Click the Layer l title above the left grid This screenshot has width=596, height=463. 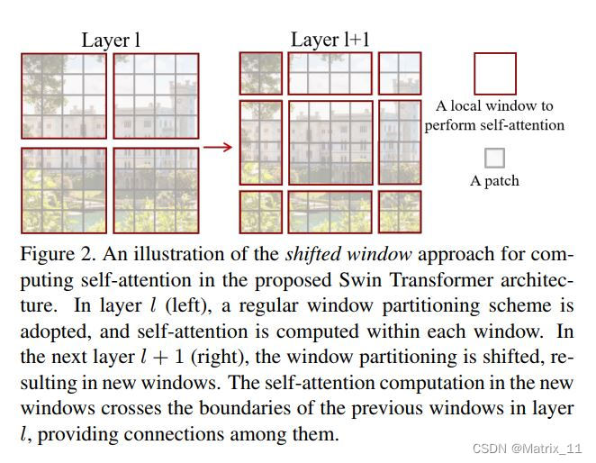pos(111,40)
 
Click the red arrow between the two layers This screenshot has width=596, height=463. pos(217,145)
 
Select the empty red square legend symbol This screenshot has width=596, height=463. pos(495,73)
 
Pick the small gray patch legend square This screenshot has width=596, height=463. pos(494,159)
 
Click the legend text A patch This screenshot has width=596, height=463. pos(494,181)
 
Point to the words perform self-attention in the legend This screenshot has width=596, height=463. pos(494,124)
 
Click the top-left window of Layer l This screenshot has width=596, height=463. pos(63,97)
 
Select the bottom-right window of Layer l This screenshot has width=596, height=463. pos(155,190)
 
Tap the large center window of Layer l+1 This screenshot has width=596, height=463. pos(330,142)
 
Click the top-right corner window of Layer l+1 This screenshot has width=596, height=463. pos(399,73)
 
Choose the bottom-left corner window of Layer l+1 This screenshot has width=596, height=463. pos(261,212)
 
